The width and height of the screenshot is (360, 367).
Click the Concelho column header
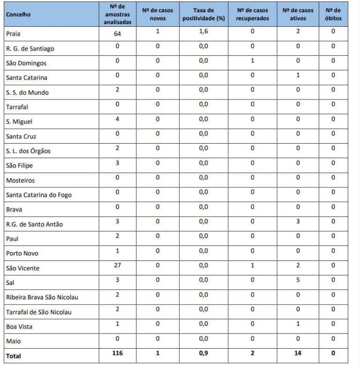pos(18,14)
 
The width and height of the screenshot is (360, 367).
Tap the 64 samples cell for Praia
pos(118,34)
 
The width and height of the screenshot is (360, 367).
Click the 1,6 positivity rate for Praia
pos(203,31)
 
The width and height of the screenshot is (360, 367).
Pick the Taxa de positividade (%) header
pos(203,14)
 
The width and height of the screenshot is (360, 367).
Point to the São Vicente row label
pos(22,268)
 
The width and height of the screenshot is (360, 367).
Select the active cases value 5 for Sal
pos(298,280)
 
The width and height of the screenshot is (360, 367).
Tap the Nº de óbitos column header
pos(333,14)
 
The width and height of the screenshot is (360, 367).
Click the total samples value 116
pos(118,353)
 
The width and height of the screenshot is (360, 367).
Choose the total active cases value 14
pos(298,353)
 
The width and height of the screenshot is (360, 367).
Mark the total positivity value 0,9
pos(203,353)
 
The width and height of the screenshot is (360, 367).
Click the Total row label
pos(14,356)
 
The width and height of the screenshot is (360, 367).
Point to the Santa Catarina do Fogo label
pos(39,195)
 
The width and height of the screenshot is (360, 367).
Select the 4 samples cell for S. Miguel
pos(118,119)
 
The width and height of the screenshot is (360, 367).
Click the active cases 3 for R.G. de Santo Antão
pos(298,222)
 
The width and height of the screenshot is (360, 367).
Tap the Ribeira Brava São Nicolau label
pos(42,298)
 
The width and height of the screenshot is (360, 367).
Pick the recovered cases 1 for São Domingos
pos(252,61)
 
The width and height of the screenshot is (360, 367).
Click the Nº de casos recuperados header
pos(252,14)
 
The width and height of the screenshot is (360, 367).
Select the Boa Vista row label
pos(19,327)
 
